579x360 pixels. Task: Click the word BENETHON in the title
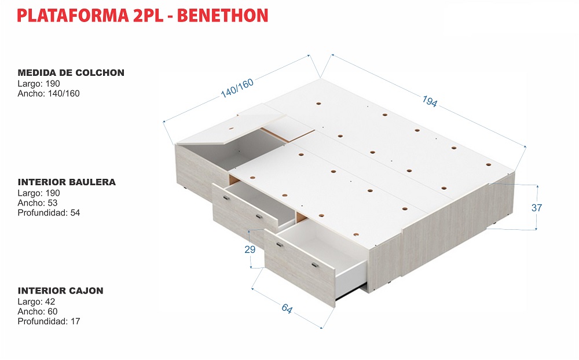(223, 16)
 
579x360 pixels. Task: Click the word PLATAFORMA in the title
(73, 16)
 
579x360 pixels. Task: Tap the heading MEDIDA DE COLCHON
(71, 72)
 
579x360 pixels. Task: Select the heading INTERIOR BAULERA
(67, 182)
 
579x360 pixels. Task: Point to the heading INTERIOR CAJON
(61, 290)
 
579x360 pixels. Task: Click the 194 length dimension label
(430, 101)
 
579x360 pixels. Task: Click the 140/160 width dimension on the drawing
(237, 88)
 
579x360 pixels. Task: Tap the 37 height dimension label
(537, 208)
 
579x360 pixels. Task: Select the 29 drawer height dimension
(250, 249)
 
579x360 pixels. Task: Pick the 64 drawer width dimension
(287, 308)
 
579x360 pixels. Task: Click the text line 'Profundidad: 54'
(49, 212)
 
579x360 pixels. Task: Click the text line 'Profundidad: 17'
(49, 321)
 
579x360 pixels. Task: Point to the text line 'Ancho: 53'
(38, 203)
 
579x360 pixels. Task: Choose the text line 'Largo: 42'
(36, 302)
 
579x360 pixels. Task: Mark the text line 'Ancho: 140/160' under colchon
(49, 93)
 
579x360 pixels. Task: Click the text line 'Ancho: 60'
(38, 311)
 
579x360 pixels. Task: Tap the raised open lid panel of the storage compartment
(232, 124)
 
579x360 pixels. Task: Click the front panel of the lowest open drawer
(299, 268)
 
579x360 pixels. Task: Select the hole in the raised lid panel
(231, 129)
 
